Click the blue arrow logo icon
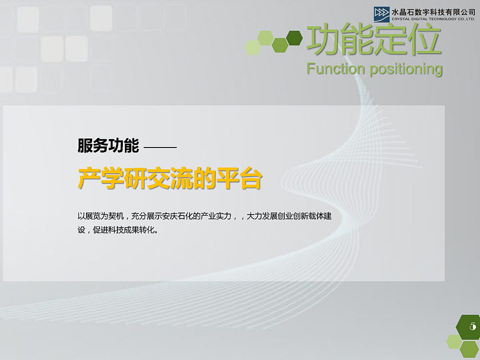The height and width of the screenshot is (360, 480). point(381,13)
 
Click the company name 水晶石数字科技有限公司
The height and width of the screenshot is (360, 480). point(433,11)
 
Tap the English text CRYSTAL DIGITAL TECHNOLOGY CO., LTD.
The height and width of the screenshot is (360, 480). point(433,19)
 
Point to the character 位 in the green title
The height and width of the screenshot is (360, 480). point(425,40)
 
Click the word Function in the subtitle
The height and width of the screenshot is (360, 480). point(336,68)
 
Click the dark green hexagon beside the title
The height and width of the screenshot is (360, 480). point(294,37)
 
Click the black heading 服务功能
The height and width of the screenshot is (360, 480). point(108,146)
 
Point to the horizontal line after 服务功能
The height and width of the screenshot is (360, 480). point(160,147)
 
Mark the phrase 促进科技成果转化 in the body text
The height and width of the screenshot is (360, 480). point(125,231)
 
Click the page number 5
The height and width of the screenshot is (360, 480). point(472,326)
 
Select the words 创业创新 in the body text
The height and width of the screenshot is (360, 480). point(295,216)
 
